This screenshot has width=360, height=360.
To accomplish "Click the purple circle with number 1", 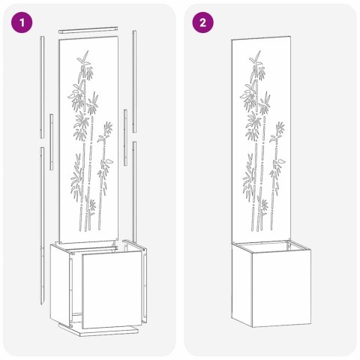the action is tap(22, 22).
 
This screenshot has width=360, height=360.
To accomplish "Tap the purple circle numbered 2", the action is tap(202, 22).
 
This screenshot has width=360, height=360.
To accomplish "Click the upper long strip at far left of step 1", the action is tap(42, 87).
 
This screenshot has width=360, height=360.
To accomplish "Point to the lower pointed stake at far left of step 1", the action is tap(43, 225).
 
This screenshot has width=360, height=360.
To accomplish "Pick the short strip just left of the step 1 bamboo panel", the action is tap(51, 142).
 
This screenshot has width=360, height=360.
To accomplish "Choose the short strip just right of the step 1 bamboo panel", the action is tap(125, 138).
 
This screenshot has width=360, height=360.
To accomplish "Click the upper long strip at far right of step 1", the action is tap(134, 81).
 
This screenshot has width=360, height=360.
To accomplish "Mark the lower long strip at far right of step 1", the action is tap(134, 192).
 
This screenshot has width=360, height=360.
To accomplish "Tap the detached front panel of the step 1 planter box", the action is tap(112, 289).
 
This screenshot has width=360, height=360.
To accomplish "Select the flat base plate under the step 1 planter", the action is tap(100, 329).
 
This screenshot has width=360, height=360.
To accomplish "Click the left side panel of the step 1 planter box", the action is tap(60, 283).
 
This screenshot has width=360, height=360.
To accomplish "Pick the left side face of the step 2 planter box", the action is tap(241, 285).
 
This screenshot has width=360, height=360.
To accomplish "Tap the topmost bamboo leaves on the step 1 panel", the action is tap(83, 58).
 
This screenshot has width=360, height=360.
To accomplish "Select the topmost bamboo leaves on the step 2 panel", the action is tap(256, 58).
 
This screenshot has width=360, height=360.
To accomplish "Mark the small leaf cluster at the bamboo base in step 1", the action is tap(92, 205).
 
